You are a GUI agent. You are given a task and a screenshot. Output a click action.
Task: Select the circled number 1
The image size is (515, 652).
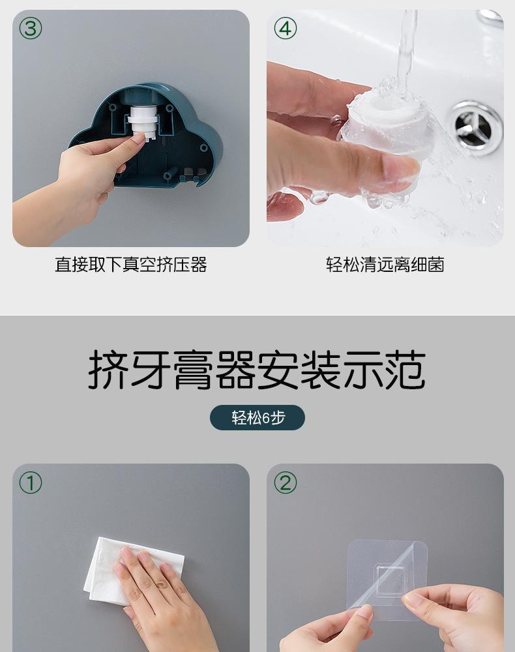pos(31,482)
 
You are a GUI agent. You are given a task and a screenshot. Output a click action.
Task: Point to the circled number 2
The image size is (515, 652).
pos(285,482)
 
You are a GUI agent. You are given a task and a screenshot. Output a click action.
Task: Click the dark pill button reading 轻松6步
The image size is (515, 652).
pos(257,417)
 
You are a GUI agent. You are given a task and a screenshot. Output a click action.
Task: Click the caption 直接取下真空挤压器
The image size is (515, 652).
pos(131,265)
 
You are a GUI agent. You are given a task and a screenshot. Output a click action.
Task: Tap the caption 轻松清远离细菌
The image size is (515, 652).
pos(385,265)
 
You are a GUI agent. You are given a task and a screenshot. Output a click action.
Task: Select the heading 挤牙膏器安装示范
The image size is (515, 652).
pos(257,370)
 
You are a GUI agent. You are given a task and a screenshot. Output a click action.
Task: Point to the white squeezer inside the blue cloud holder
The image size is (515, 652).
pos(143,121)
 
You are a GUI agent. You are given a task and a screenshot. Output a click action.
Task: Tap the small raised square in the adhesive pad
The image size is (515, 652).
pos(391,579)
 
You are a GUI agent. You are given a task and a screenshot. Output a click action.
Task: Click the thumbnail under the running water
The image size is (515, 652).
pos(398,170)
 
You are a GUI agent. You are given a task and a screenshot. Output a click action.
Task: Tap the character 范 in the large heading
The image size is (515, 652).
pos(405,370)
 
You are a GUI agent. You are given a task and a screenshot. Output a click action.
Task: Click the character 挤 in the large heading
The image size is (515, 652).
pos(108,370)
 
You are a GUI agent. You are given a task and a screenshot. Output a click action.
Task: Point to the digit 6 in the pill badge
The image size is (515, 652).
pos(267,417)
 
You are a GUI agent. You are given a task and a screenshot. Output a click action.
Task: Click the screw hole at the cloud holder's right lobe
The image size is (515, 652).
pos(203,147)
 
